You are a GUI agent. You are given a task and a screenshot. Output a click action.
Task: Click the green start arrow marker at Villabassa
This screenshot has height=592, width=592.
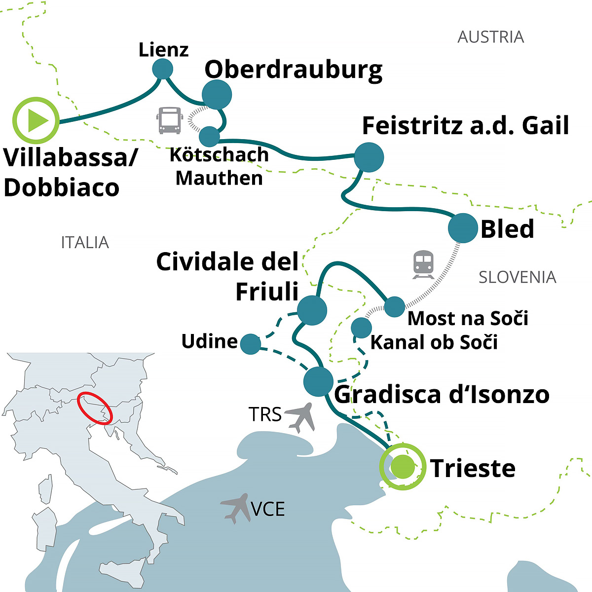coord(36,120)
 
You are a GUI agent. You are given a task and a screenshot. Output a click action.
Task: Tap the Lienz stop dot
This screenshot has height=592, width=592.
coord(162,69)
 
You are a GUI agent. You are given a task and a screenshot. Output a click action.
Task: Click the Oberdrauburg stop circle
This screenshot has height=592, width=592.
coord(217,94)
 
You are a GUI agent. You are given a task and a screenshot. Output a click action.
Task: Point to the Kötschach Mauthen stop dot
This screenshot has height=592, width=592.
coord(209,136)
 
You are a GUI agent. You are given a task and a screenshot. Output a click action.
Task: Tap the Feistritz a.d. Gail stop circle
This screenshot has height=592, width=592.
coord(369,157)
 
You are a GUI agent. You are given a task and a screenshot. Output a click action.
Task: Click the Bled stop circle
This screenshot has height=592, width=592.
coord(463,228)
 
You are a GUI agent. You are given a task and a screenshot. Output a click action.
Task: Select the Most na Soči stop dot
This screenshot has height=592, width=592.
coord(394,306)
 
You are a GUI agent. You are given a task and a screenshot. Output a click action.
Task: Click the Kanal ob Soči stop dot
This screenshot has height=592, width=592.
coord(361,328)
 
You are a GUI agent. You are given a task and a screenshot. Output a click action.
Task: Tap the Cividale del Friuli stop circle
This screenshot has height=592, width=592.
coord(312,310)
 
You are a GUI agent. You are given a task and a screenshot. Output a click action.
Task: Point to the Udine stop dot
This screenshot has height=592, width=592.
coord(251,344)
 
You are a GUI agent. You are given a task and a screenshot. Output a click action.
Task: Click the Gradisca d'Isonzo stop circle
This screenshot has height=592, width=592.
coord(318,381)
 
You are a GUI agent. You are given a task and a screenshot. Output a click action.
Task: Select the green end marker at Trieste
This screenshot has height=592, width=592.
coord(403,466)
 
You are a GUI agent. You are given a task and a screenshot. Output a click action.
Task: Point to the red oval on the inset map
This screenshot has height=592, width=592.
coord(94,408)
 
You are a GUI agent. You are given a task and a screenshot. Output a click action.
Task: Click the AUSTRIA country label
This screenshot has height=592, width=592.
coord(490,37)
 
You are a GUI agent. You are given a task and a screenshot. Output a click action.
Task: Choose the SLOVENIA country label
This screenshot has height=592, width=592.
coord(517,277)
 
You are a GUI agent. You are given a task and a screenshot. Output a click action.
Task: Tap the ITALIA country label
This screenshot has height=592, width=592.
coord(85,242)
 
